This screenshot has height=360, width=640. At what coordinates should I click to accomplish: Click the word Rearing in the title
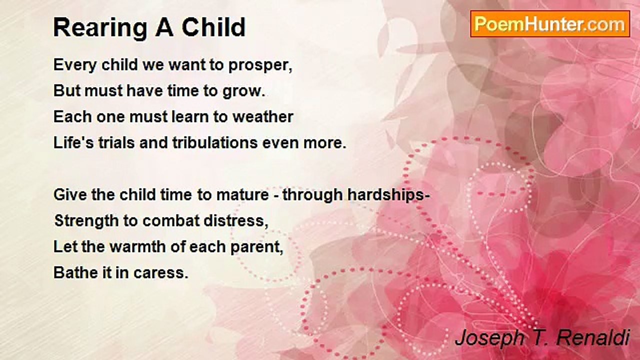click(x=100, y=28)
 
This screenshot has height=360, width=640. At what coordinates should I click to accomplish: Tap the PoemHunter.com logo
click(x=550, y=24)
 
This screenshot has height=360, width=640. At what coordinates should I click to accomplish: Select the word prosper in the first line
click(x=260, y=65)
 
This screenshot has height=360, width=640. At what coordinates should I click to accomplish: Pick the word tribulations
click(x=215, y=142)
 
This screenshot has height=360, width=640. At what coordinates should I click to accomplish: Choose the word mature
click(x=242, y=195)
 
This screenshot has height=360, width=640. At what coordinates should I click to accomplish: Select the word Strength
click(x=86, y=221)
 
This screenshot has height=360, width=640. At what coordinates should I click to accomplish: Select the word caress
click(x=161, y=273)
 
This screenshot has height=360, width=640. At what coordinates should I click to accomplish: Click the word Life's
click(x=73, y=142)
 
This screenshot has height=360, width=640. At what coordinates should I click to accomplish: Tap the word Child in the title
click(x=213, y=27)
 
